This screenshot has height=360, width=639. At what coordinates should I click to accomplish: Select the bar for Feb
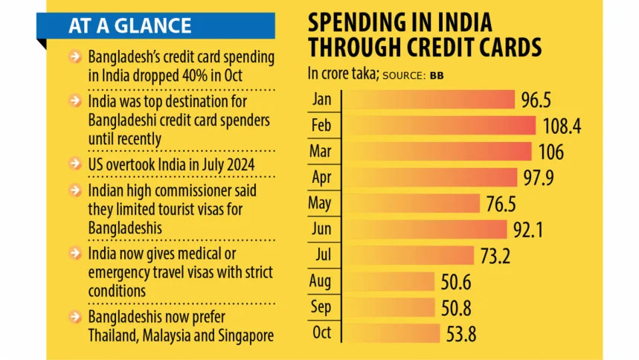click(439, 125)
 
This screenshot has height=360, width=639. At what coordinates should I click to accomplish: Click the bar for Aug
click(388, 281)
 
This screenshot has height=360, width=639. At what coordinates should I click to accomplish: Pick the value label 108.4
click(562, 126)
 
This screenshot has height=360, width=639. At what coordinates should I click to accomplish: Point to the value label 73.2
click(496, 256)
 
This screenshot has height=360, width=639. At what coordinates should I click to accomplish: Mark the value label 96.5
click(539, 100)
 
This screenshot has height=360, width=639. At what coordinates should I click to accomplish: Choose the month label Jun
click(321, 229)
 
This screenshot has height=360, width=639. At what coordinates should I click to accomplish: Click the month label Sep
click(321, 307)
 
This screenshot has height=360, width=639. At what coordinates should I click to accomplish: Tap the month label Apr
click(321, 177)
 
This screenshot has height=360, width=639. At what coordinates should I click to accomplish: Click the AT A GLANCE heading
click(129, 26)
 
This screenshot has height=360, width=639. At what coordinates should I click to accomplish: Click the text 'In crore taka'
click(342, 74)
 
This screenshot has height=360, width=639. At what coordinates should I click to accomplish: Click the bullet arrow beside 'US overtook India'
click(75, 163)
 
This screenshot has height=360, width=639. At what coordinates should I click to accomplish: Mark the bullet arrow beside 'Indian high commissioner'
click(75, 190)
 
